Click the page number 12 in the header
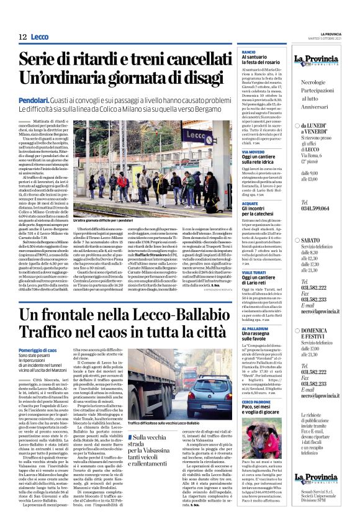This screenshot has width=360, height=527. click(22, 37)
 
